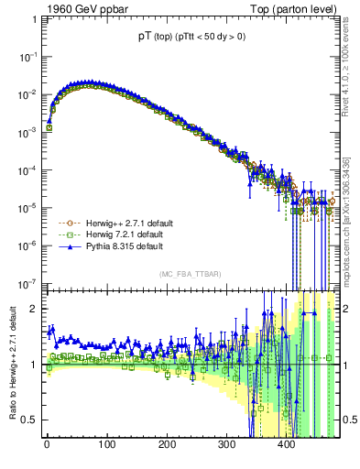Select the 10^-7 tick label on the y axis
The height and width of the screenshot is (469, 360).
coord(27,283)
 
